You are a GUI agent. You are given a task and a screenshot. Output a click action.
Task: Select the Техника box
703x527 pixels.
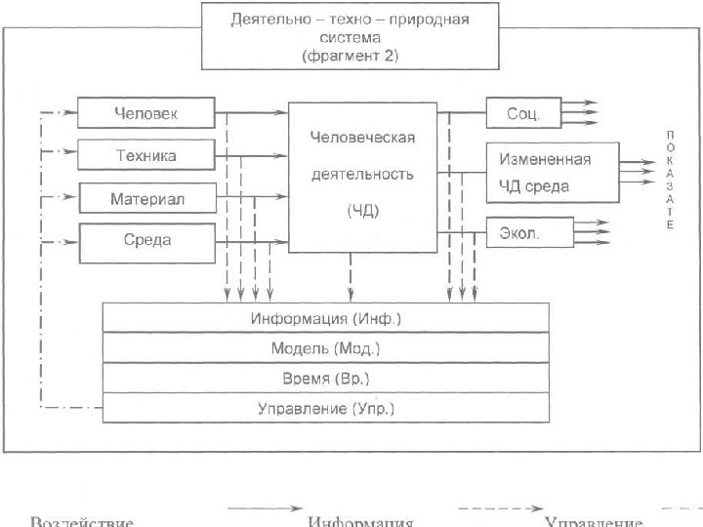pyautogui.click(x=146, y=156)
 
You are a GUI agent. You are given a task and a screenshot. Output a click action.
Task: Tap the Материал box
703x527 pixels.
pyautogui.click(x=146, y=199)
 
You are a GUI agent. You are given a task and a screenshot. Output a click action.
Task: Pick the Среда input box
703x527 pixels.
pyautogui.click(x=146, y=241)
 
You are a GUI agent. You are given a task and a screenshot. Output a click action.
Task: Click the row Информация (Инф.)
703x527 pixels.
pyautogui.click(x=326, y=319)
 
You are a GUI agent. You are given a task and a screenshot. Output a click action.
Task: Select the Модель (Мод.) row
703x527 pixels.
pyautogui.click(x=326, y=348)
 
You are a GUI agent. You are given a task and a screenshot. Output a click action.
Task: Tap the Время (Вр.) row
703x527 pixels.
pyautogui.click(x=326, y=378)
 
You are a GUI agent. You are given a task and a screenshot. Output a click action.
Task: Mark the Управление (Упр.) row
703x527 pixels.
pyautogui.click(x=326, y=407)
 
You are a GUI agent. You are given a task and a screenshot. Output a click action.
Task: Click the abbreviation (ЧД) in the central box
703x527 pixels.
pyautogui.click(x=362, y=209)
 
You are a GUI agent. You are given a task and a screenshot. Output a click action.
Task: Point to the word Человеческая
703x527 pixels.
pyautogui.click(x=362, y=138)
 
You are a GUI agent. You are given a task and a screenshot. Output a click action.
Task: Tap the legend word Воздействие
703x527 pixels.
pyautogui.click(x=82, y=521)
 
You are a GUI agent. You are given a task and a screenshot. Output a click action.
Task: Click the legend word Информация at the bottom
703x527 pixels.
pyautogui.click(x=361, y=521)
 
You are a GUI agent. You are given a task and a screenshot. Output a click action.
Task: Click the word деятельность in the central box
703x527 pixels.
pyautogui.click(x=362, y=174)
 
